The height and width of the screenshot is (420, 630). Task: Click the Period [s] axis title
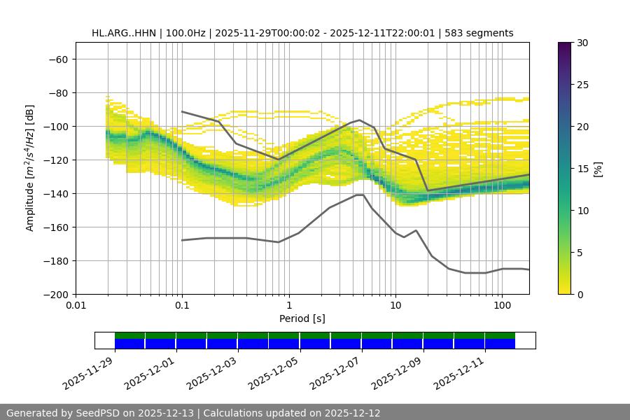click(x=302, y=318)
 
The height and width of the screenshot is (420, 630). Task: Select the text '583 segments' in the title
click(x=484, y=33)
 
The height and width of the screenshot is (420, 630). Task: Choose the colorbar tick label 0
click(x=578, y=294)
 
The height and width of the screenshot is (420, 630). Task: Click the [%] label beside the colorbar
click(x=598, y=169)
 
